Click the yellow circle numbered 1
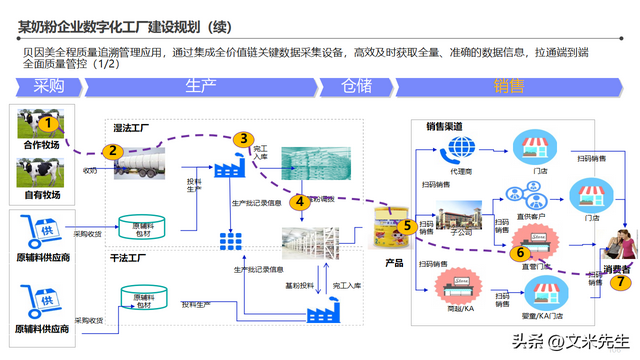coord(48,123)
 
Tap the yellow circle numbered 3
coord(243,140)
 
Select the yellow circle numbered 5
coord(408,227)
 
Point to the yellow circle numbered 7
coord(623,282)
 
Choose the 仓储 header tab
coord(363,86)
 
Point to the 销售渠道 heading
coord(445,127)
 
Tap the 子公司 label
coord(460,231)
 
